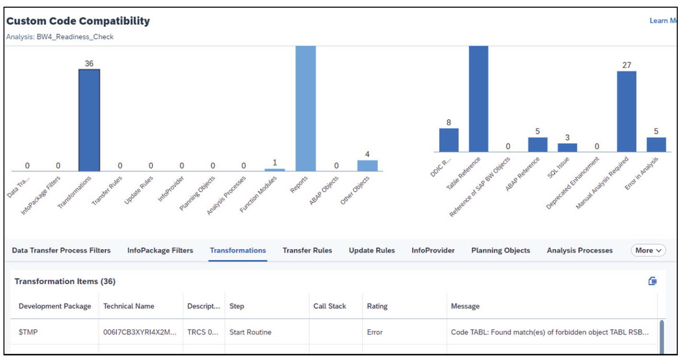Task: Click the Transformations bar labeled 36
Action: (x=89, y=120)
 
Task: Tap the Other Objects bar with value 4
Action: (x=367, y=166)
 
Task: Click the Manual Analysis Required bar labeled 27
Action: (x=627, y=112)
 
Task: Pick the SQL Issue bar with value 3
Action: (x=567, y=147)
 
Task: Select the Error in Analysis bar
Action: (x=656, y=145)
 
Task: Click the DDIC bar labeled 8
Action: (x=449, y=140)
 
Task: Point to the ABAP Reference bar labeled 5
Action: (x=537, y=145)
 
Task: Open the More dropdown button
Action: (x=648, y=250)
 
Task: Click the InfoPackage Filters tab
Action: (x=160, y=250)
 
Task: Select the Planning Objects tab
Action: (x=501, y=250)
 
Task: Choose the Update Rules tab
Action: (x=372, y=250)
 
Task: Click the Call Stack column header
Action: (x=330, y=306)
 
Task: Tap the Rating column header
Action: (x=377, y=306)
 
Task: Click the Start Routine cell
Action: (x=250, y=332)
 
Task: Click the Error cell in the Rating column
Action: (x=375, y=332)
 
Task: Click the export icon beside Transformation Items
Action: (x=652, y=281)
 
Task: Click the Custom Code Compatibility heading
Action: (x=78, y=21)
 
